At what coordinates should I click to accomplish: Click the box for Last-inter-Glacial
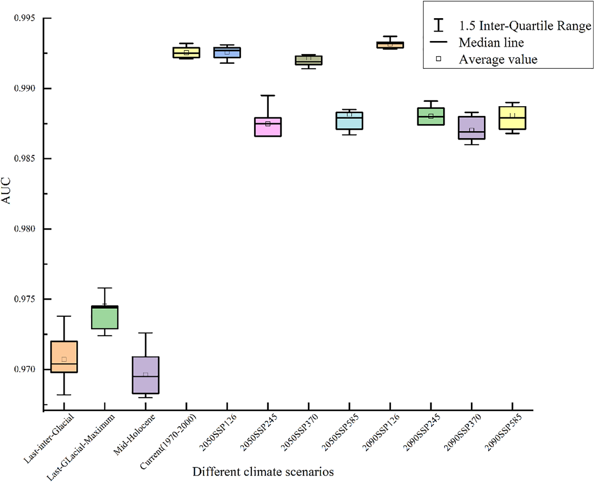click(x=64, y=357)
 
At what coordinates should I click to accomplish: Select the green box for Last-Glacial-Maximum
click(x=105, y=317)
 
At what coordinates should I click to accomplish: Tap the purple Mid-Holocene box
click(x=145, y=375)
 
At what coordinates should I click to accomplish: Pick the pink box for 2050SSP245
click(x=268, y=127)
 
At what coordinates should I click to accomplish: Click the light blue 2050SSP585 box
click(x=349, y=121)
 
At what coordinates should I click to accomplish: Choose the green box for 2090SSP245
click(x=431, y=116)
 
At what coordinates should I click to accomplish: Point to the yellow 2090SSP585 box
click(x=512, y=118)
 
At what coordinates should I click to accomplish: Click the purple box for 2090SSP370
click(x=471, y=128)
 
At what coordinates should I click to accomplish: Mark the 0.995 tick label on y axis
click(x=25, y=18)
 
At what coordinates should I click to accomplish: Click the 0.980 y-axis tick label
click(x=25, y=229)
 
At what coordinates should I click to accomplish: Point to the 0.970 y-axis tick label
click(x=25, y=369)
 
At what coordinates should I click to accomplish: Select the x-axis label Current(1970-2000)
click(x=169, y=442)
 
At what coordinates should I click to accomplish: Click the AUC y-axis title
click(x=6, y=191)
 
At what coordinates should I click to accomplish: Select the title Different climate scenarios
click(x=263, y=472)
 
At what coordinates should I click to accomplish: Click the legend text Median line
click(x=491, y=42)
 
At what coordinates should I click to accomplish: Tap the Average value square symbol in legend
click(x=439, y=59)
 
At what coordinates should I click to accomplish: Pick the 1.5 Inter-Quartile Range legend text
click(x=525, y=26)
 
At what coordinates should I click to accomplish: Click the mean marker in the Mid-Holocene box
click(x=145, y=375)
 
